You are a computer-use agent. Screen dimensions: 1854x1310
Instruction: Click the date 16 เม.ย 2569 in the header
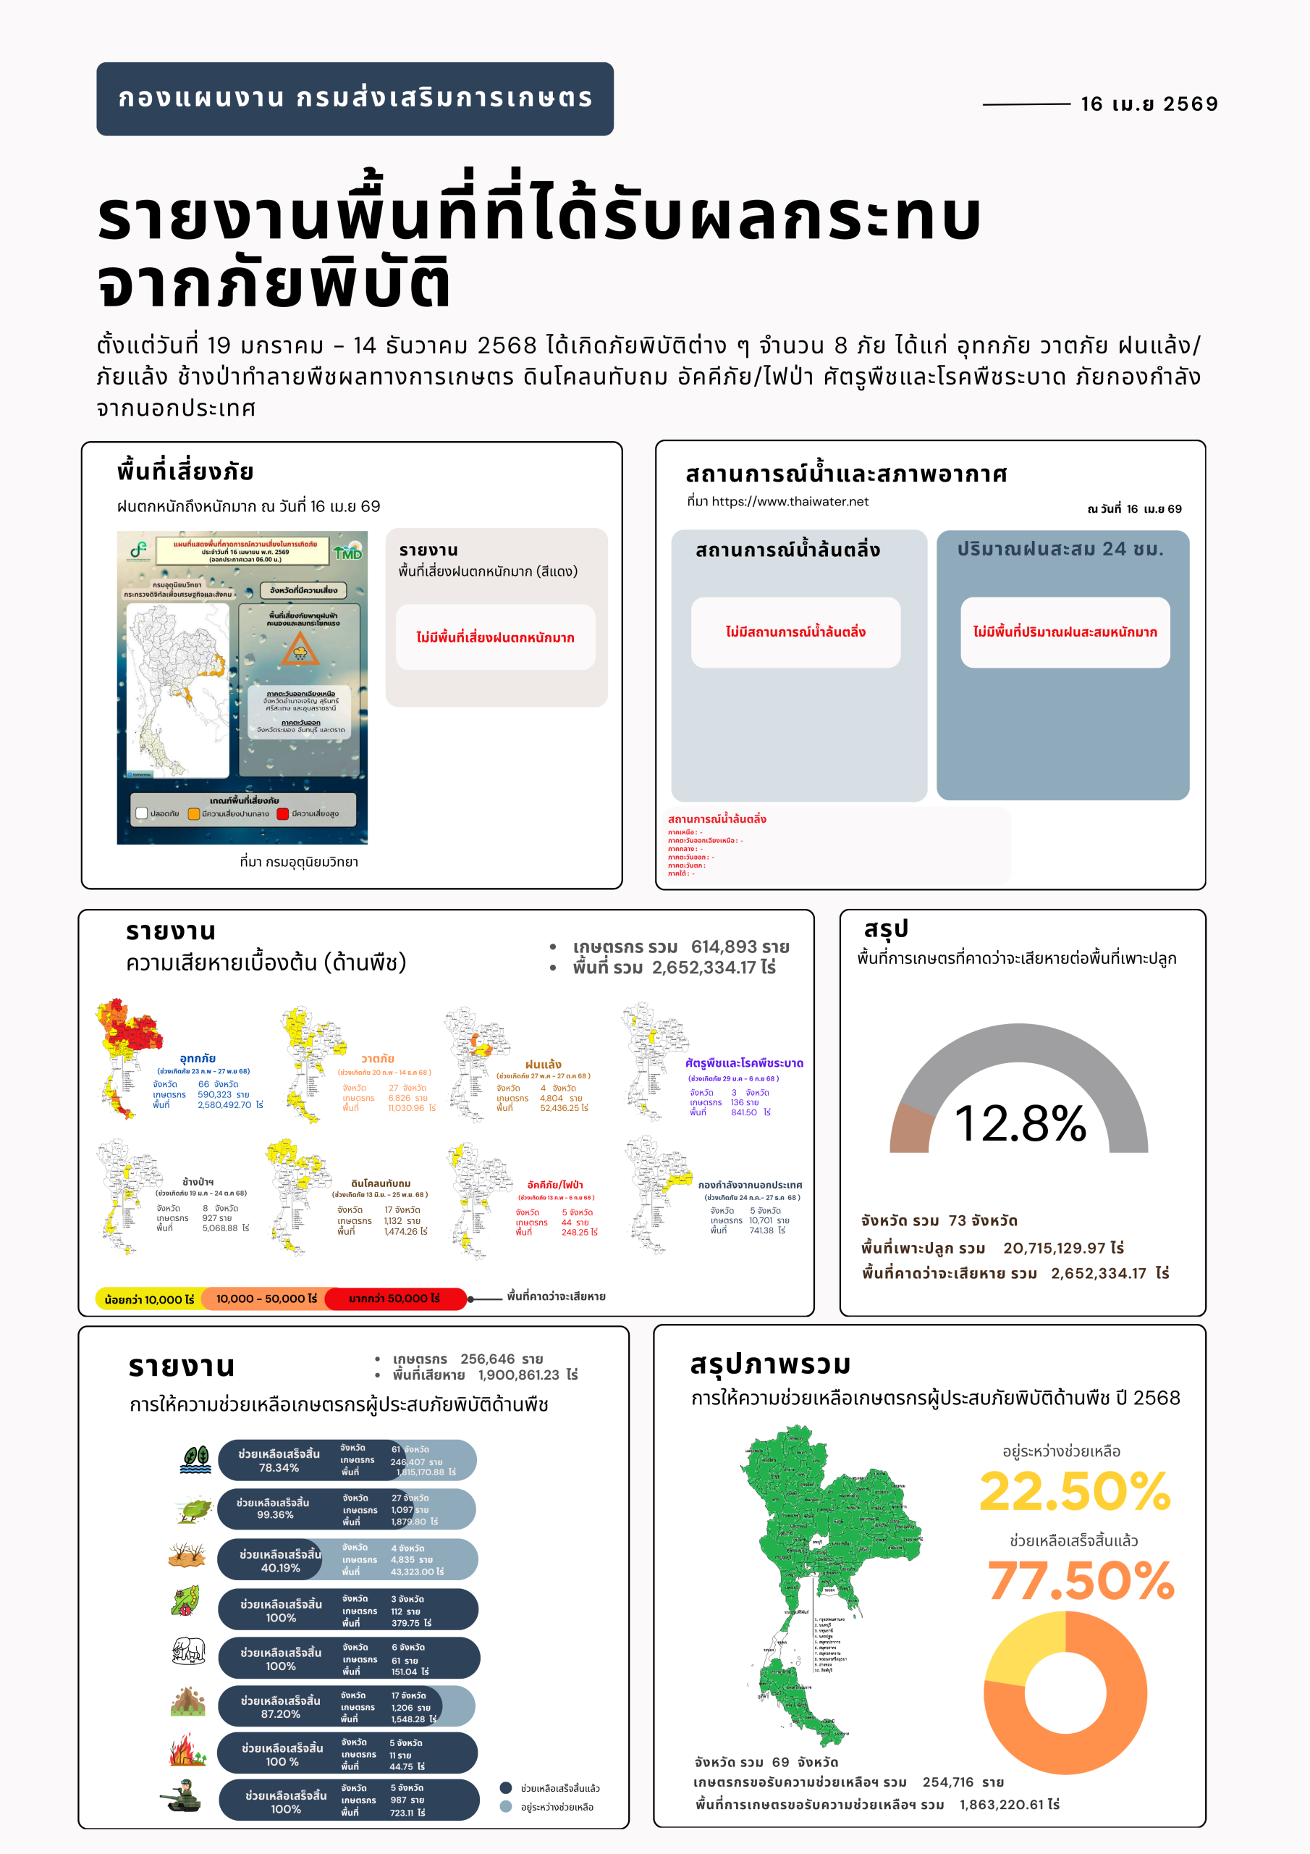[1149, 104]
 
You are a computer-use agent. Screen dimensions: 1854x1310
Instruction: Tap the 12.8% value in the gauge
[1020, 1123]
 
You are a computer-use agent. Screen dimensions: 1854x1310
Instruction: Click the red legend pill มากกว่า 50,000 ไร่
[394, 1299]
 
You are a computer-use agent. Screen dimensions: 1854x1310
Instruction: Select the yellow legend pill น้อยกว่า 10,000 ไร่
[148, 1299]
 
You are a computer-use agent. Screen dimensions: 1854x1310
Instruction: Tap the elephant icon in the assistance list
[188, 1650]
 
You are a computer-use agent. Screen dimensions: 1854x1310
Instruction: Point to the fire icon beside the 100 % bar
[187, 1749]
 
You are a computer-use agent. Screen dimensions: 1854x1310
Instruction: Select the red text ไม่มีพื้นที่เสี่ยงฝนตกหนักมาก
[495, 637]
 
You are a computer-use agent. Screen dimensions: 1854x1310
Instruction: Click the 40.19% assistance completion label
[280, 1567]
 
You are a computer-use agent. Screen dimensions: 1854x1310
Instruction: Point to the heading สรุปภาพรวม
[770, 1364]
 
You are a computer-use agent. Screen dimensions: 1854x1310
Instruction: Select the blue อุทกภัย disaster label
[198, 1058]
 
